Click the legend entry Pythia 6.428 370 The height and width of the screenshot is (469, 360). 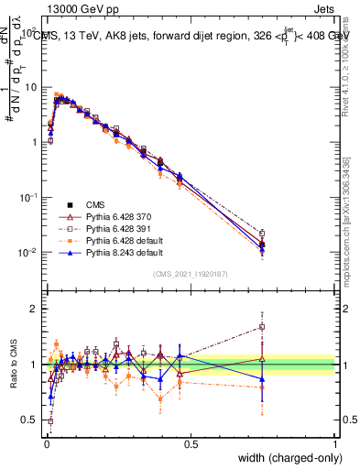[x=115, y=214]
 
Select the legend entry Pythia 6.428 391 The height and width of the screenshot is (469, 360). [x=115, y=226]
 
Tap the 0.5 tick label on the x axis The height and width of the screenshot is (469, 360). [x=191, y=444]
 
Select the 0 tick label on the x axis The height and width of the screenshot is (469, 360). [x=45, y=444]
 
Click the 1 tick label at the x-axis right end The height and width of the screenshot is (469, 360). [x=335, y=444]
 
